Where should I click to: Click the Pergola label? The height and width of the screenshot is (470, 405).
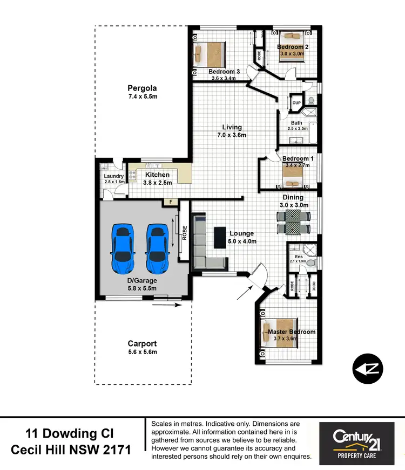pyautogui.click(x=142, y=88)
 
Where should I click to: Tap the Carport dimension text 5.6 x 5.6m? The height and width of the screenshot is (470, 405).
pyautogui.click(x=142, y=352)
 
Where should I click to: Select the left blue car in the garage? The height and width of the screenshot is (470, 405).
pyautogui.click(x=123, y=248)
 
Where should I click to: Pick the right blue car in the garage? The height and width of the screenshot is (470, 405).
pyautogui.click(x=158, y=248)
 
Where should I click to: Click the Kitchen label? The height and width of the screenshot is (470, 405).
pyautogui.click(x=157, y=175)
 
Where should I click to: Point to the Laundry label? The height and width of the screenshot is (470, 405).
pyautogui.click(x=114, y=176)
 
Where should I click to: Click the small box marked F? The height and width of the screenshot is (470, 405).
pyautogui.click(x=171, y=203)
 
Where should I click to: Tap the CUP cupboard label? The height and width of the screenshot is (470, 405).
pyautogui.click(x=296, y=103)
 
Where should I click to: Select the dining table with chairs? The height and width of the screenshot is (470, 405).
pyautogui.click(x=294, y=222)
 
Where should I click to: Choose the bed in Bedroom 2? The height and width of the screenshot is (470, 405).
pyautogui.click(x=291, y=38)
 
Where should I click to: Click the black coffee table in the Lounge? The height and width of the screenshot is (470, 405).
pyautogui.click(x=220, y=237)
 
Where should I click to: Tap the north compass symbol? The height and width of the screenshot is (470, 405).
pyautogui.click(x=368, y=369)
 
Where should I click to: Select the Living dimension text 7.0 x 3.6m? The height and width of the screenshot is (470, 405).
pyautogui.click(x=232, y=135)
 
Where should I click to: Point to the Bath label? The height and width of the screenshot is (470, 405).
pyautogui.click(x=297, y=122)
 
